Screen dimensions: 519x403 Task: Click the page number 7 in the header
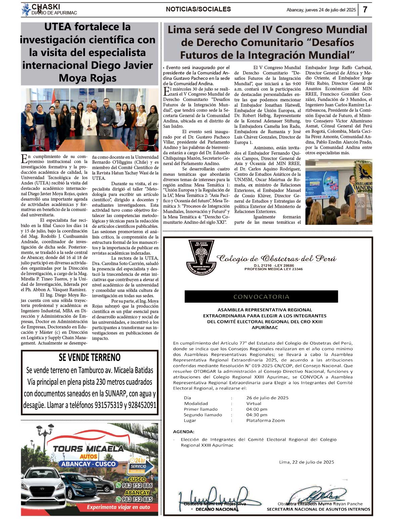pos(365,9)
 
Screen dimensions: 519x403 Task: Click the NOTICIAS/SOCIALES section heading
pos(198,9)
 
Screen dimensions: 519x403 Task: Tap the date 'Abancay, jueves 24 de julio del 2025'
pos(321,10)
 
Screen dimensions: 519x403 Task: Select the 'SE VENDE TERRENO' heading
pos(89,357)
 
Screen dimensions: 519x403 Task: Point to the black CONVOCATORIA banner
pos(261,297)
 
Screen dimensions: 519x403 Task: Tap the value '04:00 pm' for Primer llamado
pos(257,409)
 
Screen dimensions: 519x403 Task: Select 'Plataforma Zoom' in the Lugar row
pos(265,420)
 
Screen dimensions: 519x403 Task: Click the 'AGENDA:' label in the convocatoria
pos(183,432)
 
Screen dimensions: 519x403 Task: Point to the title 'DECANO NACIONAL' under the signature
pos(217,509)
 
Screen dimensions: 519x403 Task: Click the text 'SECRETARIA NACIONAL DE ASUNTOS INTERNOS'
pos(318,509)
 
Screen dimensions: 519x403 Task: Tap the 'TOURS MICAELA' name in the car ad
pos(88,449)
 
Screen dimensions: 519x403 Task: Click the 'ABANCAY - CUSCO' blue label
pos(88,464)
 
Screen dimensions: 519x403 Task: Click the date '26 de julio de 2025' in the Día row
pos(267,398)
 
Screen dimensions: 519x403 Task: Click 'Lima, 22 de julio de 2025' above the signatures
pos(306,462)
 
